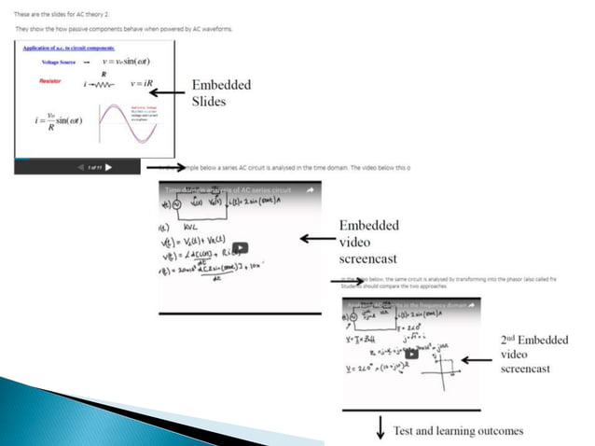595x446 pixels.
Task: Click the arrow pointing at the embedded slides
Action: [168, 92]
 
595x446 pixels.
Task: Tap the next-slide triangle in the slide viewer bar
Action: [109, 168]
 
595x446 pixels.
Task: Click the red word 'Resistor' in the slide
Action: [49, 81]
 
